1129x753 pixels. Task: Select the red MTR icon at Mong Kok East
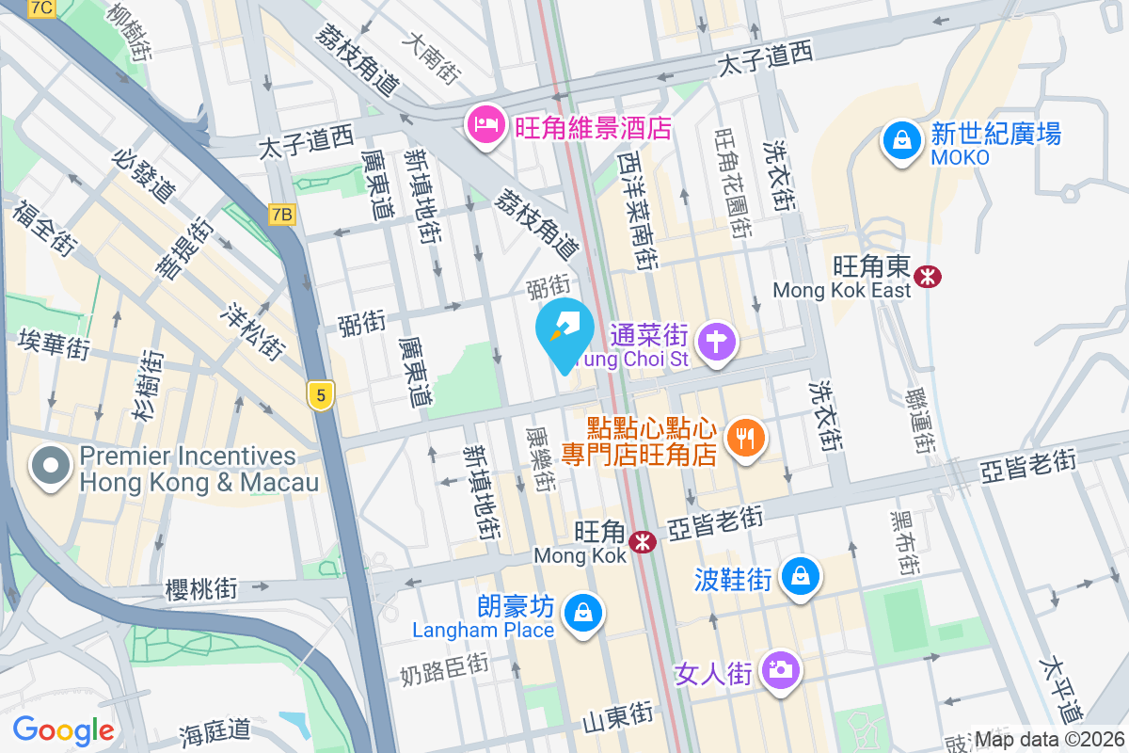pyautogui.click(x=928, y=276)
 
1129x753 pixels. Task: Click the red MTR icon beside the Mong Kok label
pyautogui.click(x=644, y=542)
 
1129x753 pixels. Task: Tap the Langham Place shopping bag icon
pyautogui.click(x=583, y=614)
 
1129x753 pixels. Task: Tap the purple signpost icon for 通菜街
pyautogui.click(x=717, y=340)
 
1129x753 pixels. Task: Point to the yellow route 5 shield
pyautogui.click(x=321, y=396)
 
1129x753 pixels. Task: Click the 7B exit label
pyautogui.click(x=280, y=216)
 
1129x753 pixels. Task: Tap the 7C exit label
pyautogui.click(x=42, y=8)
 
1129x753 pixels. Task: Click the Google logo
pyautogui.click(x=63, y=729)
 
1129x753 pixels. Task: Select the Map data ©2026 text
pyautogui.click(x=1049, y=740)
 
